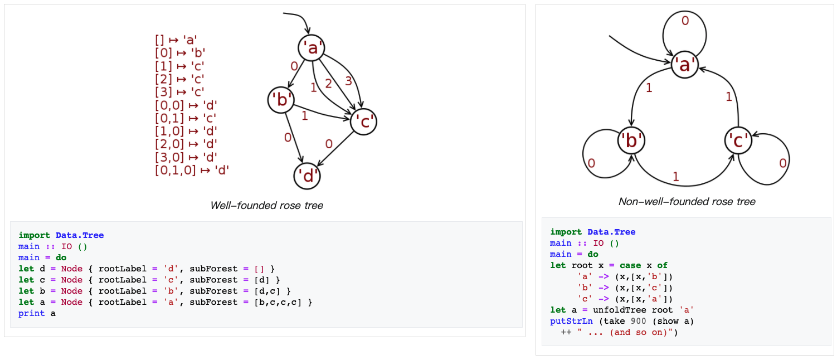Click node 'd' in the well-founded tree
[x=307, y=176]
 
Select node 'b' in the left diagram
[x=281, y=100]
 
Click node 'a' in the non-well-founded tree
[x=684, y=65]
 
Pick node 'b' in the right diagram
[x=631, y=140]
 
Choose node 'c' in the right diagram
[x=738, y=141]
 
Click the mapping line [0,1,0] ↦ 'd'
[x=192, y=170]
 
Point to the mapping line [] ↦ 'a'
[x=176, y=40]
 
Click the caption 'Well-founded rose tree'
[x=266, y=205]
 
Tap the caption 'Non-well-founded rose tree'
[x=687, y=201]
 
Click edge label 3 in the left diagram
[x=348, y=81]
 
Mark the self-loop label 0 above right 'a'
[x=685, y=21]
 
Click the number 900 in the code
[x=638, y=321]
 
